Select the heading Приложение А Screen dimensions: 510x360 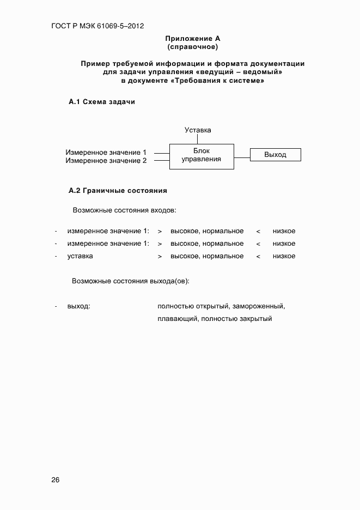click(192, 39)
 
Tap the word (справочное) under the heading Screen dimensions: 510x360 click(192, 47)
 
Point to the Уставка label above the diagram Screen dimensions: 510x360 click(198, 130)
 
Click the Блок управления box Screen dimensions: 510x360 click(202, 155)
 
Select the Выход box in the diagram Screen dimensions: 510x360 click(275, 155)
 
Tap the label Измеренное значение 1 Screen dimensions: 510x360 click(106, 153)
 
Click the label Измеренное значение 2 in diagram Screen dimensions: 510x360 click(106, 161)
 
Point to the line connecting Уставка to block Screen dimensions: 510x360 click(198, 139)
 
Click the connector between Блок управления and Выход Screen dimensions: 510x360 click(242, 155)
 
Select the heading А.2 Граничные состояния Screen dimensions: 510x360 click(118, 191)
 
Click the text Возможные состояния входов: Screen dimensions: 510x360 click(125, 210)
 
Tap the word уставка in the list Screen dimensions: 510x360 click(80, 256)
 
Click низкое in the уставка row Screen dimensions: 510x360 click(284, 256)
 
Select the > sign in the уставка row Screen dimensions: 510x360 click(160, 256)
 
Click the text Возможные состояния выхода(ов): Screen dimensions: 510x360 click(131, 281)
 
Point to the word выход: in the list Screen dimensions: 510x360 click(78, 306)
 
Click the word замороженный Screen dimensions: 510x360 click(259, 306)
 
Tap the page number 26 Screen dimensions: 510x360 click(56, 480)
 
